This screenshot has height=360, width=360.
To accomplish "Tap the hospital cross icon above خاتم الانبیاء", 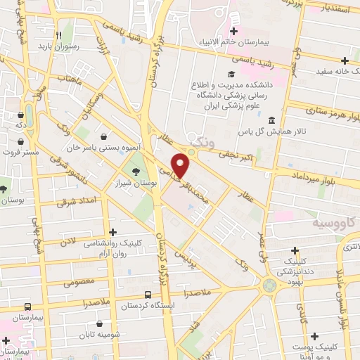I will tap(233, 31).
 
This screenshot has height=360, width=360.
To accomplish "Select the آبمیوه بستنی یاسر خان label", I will tap(105, 148).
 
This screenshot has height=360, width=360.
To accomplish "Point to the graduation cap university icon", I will tap(231, 74).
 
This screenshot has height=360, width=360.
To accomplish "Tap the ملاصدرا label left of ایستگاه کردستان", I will tap(94, 302).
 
